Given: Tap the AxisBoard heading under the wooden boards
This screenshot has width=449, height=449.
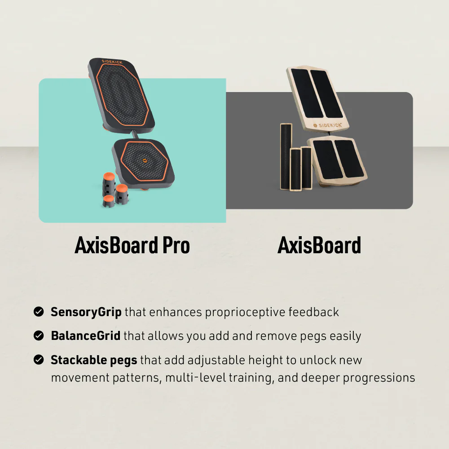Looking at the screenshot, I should [x=319, y=246].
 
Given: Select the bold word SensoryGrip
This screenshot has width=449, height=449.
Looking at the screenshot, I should [x=86, y=312].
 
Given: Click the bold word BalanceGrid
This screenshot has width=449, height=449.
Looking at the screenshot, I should [x=85, y=335].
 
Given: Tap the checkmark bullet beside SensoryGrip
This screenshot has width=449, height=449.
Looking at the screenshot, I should [x=39, y=312].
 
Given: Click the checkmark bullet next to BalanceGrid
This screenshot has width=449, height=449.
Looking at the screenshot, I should [x=39, y=335].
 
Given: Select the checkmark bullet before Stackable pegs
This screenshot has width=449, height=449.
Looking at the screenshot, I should [x=39, y=360].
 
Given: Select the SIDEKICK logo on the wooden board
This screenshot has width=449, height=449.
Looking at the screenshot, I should [x=328, y=125].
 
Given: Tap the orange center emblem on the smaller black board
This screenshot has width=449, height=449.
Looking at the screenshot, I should [x=145, y=159].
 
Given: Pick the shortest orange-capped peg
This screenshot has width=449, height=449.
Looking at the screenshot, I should [x=108, y=201].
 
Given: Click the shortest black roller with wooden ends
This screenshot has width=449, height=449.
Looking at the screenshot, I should [x=307, y=168].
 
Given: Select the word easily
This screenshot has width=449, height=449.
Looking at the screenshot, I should [x=343, y=335].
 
